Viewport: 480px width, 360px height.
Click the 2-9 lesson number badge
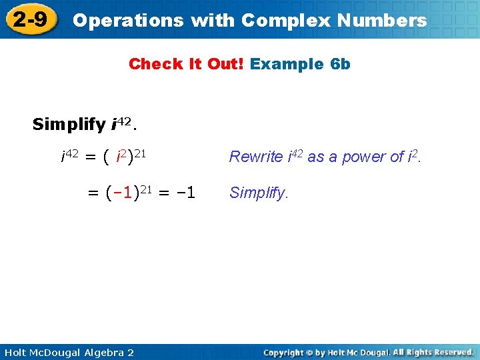(x=30, y=19)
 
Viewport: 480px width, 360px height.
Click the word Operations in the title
(x=128, y=20)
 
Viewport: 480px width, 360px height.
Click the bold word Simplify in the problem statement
(x=68, y=125)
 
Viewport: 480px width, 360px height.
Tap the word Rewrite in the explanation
(x=256, y=157)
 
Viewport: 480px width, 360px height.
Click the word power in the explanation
(x=366, y=157)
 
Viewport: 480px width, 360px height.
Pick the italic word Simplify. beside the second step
(x=259, y=193)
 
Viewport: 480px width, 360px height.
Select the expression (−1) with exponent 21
(x=123, y=193)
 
